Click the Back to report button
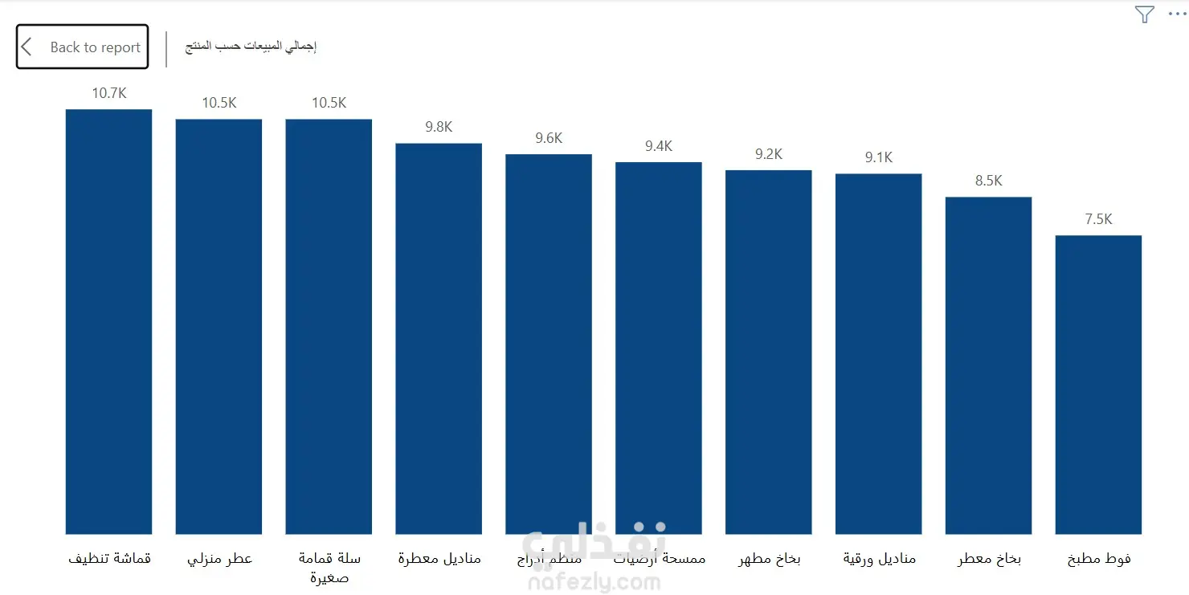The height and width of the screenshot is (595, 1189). tap(83, 47)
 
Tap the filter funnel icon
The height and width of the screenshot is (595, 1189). tap(1144, 14)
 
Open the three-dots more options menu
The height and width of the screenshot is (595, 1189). tap(1176, 14)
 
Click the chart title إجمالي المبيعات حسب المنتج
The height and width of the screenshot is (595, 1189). tap(251, 47)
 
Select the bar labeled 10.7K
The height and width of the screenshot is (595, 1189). tap(108, 321)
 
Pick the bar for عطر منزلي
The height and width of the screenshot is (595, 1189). tap(219, 326)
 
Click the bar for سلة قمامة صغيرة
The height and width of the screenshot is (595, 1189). tap(329, 326)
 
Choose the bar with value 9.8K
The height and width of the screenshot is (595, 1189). tap(439, 338)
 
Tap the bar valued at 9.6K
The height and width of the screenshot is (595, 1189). tap(549, 344)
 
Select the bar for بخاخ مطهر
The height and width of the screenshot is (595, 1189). tap(768, 352)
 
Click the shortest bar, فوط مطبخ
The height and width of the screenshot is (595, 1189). tap(1098, 385)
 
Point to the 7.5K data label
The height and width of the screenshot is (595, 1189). tap(1098, 219)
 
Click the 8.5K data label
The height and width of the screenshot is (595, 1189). tap(988, 181)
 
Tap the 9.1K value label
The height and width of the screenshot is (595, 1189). tap(878, 157)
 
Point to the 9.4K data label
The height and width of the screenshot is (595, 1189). tap(658, 146)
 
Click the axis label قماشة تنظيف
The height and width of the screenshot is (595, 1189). tap(109, 558)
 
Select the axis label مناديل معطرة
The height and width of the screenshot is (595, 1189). tap(439, 558)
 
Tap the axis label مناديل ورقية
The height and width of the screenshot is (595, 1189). tap(879, 558)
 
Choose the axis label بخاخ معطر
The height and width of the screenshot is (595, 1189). tap(989, 558)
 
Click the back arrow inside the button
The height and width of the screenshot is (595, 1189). tap(27, 47)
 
